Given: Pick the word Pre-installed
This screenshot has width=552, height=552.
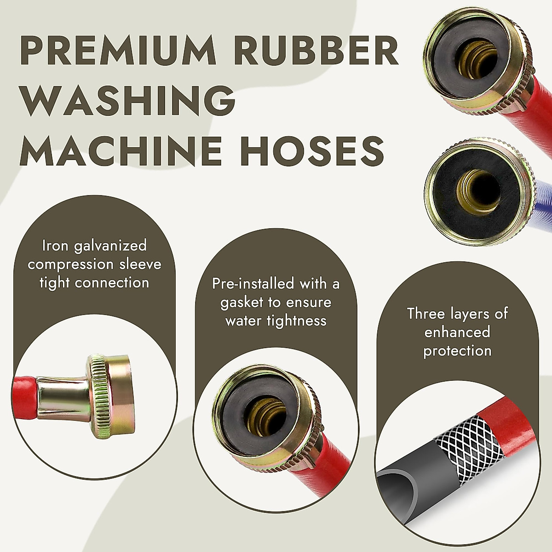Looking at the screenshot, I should coord(253,283).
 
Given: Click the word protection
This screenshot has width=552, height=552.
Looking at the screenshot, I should coord(457,351).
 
